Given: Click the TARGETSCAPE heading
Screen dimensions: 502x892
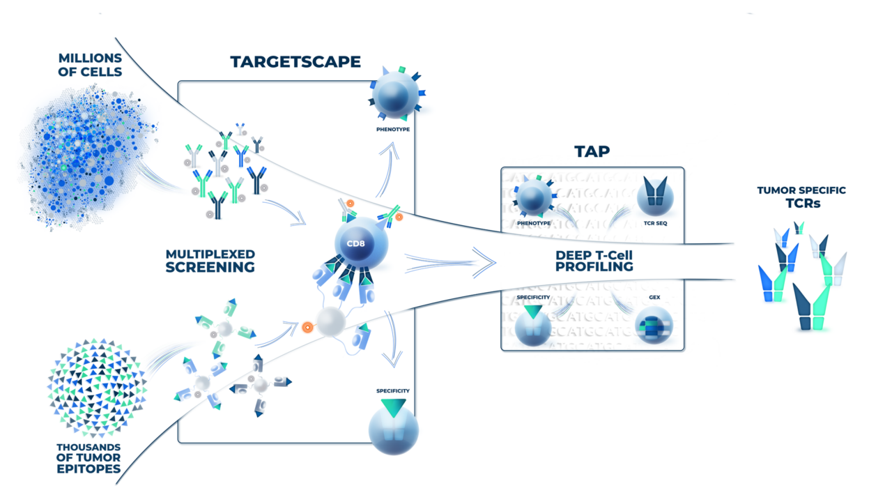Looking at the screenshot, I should (x=295, y=62).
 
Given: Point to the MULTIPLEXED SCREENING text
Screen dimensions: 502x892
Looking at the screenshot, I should (x=210, y=260).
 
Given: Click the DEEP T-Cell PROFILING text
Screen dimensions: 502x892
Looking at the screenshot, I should (x=594, y=261).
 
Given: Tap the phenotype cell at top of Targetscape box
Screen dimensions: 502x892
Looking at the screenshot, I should (x=394, y=95).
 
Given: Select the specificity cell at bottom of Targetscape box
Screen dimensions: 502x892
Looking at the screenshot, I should (x=393, y=429).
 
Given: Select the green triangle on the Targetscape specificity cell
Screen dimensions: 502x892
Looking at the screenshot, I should (x=392, y=409).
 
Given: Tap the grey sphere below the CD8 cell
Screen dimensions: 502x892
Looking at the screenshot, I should (x=331, y=323).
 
